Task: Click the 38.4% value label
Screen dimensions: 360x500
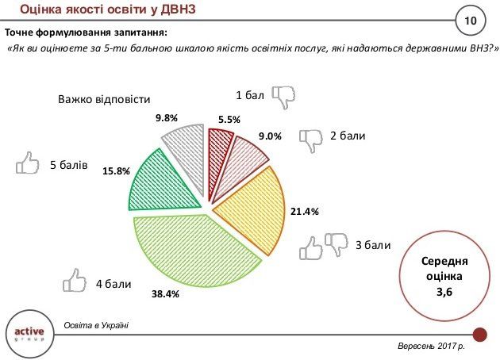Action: [165, 294]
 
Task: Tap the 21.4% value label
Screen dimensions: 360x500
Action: [305, 211]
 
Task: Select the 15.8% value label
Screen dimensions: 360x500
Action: [116, 170]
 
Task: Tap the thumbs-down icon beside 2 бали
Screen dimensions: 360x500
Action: [312, 140]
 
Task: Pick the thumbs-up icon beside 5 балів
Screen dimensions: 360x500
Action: [29, 165]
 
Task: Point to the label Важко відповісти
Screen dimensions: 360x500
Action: [103, 100]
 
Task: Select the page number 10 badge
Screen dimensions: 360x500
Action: [468, 19]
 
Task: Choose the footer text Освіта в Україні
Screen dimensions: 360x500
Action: [96, 325]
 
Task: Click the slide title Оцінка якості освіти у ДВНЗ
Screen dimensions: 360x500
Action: [107, 10]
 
